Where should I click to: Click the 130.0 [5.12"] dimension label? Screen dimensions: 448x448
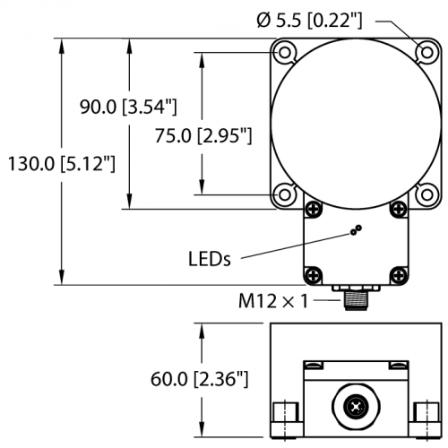61,164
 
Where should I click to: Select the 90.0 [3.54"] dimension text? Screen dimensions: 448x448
128,107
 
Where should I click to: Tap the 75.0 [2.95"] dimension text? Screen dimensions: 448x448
203,136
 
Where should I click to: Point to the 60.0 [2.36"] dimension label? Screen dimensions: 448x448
200,379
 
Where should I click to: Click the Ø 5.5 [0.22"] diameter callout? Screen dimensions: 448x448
309,21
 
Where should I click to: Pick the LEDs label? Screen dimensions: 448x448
210,259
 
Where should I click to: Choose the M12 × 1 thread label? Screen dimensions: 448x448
273,301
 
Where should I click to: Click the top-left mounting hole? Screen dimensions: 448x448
285,53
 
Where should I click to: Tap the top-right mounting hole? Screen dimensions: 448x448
426,53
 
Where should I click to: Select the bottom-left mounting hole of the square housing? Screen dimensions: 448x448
285,194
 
